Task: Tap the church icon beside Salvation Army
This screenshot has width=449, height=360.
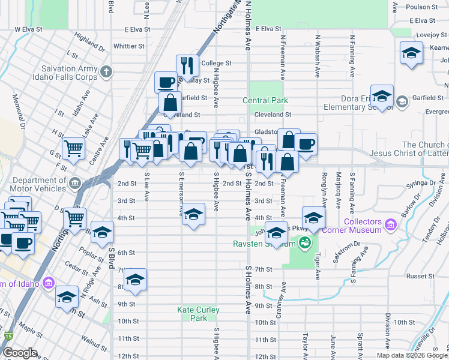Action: (x=106, y=72)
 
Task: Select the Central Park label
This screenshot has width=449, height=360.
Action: (x=265, y=101)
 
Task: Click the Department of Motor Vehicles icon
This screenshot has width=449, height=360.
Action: (x=74, y=182)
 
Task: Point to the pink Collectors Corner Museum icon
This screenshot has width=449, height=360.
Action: (x=390, y=225)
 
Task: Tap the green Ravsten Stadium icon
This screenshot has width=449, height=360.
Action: (x=304, y=243)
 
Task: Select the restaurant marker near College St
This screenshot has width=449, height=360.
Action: (x=187, y=66)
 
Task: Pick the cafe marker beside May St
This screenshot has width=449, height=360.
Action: (x=166, y=83)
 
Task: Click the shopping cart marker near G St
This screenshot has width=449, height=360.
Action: (x=73, y=148)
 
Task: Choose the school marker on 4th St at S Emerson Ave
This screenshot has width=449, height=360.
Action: (x=193, y=215)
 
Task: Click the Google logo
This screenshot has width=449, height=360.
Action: (x=20, y=353)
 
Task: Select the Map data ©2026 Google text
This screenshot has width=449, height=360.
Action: (x=412, y=355)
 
